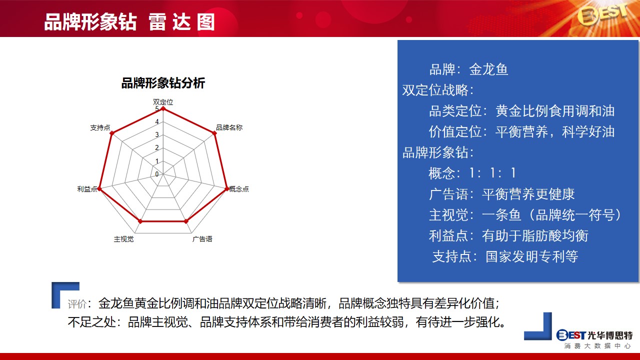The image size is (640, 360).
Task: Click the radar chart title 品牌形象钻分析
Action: [x=163, y=83]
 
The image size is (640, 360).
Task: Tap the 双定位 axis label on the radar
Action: [x=163, y=102]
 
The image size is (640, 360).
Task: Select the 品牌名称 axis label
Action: [x=229, y=127]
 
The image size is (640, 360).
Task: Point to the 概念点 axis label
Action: [x=239, y=189]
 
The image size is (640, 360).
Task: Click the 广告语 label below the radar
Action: [x=202, y=239]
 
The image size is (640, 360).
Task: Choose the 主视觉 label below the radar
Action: [x=123, y=239]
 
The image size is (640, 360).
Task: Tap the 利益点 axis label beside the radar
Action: [x=87, y=189]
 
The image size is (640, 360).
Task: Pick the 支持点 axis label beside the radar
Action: [x=100, y=127]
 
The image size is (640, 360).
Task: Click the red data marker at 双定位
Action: [x=163, y=108]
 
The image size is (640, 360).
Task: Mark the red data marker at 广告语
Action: [x=186, y=221]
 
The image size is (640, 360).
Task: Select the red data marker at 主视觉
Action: [x=140, y=221]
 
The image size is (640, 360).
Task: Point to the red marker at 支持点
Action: [x=112, y=133]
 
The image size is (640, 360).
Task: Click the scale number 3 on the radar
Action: [x=157, y=134]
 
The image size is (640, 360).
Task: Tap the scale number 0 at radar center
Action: [x=157, y=174]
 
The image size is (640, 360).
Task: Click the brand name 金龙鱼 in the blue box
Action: [x=488, y=69]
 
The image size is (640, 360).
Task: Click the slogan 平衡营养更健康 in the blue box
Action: [x=528, y=194]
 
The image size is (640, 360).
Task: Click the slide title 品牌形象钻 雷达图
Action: [x=129, y=22]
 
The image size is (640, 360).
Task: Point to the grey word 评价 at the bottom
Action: [x=77, y=304]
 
